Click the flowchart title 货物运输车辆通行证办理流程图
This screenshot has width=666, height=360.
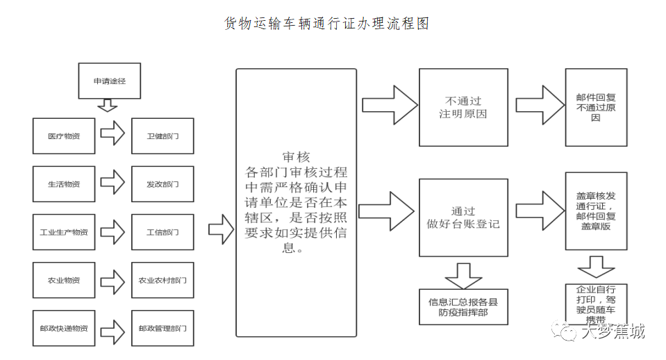[x=326, y=24]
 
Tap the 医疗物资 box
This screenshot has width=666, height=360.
[x=64, y=136]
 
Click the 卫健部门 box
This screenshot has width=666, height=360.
[x=163, y=136]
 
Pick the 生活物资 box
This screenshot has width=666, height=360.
[x=64, y=184]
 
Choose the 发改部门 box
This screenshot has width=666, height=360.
[x=163, y=184]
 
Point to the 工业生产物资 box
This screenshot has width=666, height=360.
[x=64, y=232]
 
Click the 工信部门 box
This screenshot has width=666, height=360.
[x=163, y=232]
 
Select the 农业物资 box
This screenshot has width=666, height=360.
[x=64, y=280]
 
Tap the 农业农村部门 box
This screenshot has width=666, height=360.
[x=163, y=280]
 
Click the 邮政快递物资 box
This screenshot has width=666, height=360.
[x=64, y=328]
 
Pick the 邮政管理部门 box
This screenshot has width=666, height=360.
[x=163, y=328]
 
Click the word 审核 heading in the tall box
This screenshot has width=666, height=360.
[x=296, y=156]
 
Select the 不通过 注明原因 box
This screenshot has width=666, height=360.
[x=463, y=107]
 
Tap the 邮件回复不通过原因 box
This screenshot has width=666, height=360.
[x=596, y=107]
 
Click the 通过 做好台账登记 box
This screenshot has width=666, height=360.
[x=463, y=218]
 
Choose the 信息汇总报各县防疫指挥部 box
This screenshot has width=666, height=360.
[x=463, y=306]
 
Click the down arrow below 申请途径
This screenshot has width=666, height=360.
[x=107, y=105]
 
